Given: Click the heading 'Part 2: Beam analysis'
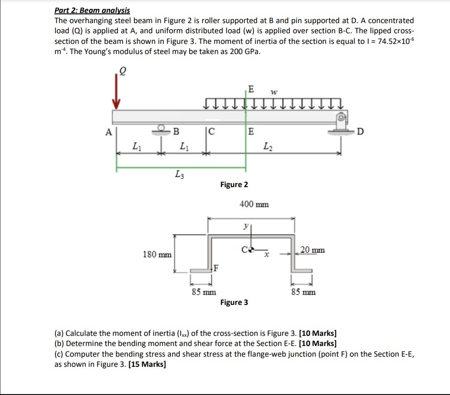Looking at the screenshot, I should click(92, 10).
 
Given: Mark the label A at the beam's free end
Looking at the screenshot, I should click(108, 132).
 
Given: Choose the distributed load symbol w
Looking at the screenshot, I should click(274, 92).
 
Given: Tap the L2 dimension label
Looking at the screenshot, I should click(268, 146).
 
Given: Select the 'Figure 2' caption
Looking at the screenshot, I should click(234, 185).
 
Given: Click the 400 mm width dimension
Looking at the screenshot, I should click(254, 204).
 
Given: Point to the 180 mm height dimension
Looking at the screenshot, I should click(157, 255).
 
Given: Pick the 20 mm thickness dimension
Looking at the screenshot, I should click(312, 250).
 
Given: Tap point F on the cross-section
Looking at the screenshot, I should click(215, 267).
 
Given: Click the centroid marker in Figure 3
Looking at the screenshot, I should click(251, 251).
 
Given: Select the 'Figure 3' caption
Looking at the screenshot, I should click(234, 303).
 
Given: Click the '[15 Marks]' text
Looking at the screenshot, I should click(148, 364).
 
